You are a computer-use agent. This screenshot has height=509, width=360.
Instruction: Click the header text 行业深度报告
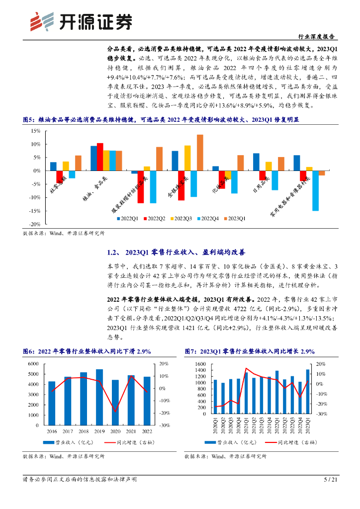[316, 37]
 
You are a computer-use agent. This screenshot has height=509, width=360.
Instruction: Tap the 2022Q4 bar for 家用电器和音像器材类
[315, 191]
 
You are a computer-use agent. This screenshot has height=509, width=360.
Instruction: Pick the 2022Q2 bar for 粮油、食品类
[100, 157]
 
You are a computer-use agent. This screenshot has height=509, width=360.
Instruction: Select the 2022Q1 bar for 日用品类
[256, 162]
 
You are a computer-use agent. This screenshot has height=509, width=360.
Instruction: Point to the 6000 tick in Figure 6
[32, 364]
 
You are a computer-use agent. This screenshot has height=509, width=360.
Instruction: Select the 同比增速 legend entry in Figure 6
[127, 442]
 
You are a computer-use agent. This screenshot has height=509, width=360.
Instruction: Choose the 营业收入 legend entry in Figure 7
[234, 442]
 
